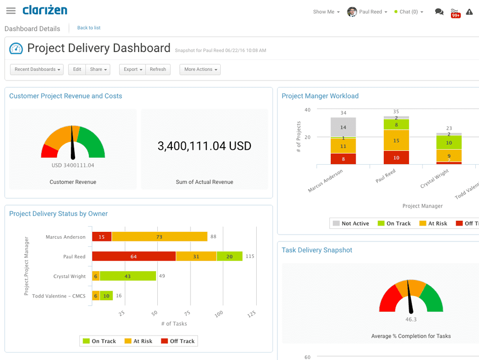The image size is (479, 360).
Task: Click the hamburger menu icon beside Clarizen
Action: [x=11, y=11]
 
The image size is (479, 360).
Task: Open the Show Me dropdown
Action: [x=326, y=12]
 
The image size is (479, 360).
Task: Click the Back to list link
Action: [x=88, y=28]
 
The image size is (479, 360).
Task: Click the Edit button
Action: [x=77, y=69]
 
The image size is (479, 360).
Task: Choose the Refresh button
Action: [x=158, y=69]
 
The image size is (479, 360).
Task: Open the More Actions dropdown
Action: [x=200, y=69]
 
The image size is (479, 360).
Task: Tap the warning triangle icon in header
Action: [x=469, y=12]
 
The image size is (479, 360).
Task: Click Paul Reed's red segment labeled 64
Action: [x=133, y=256]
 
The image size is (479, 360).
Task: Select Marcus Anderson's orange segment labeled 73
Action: [x=159, y=237]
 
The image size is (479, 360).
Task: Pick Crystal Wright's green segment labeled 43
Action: [x=128, y=276]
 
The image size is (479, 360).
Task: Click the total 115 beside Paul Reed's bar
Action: [x=250, y=256]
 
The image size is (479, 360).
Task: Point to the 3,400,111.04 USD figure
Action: [x=204, y=146]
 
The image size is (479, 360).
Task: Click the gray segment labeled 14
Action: [x=343, y=128]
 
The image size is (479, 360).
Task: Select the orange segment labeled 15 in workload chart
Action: [x=396, y=140]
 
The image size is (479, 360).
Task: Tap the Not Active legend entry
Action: [x=350, y=223]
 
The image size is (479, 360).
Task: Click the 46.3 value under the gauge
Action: [x=411, y=319]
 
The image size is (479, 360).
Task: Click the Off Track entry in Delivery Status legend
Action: [x=178, y=341]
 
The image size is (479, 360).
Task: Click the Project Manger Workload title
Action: [x=320, y=96]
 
